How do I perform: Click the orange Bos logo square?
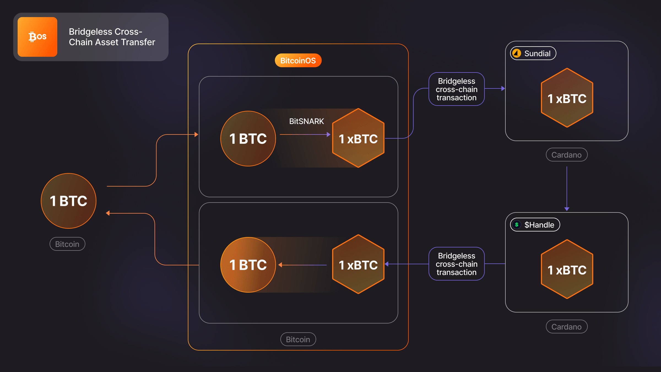click(37, 37)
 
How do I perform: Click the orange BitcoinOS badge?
click(298, 61)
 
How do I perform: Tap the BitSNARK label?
click(306, 121)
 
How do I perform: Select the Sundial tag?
click(533, 53)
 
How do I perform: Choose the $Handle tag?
click(535, 225)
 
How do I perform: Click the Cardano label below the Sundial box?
click(567, 155)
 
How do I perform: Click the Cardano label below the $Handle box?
click(567, 327)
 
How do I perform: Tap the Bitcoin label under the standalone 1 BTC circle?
click(67, 244)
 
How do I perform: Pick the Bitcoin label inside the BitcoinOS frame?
click(298, 339)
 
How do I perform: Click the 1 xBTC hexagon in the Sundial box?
click(567, 98)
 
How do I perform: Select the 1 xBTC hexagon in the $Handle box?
click(567, 269)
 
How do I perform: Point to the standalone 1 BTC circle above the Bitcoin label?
click(69, 201)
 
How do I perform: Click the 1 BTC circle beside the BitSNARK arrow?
click(248, 139)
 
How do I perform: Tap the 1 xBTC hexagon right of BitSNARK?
click(358, 138)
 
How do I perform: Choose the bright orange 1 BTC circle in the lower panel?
click(248, 265)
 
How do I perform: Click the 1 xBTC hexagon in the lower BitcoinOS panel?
click(358, 265)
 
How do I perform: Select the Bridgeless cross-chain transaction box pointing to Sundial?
click(456, 89)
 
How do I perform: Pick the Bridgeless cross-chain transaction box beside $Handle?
click(456, 264)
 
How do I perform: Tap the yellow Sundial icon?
click(517, 53)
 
